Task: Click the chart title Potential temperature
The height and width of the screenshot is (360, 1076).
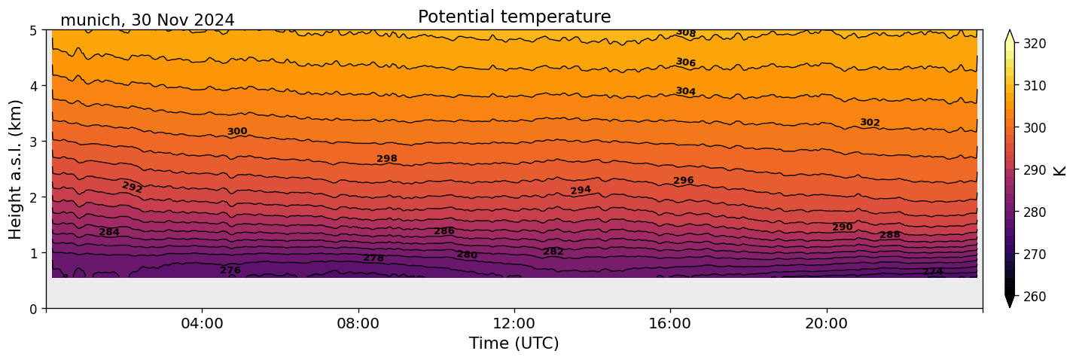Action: pyautogui.click(x=514, y=17)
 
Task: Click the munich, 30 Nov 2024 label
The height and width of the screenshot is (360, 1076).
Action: pyautogui.click(x=147, y=20)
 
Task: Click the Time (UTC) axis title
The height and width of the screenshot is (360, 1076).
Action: pyautogui.click(x=514, y=343)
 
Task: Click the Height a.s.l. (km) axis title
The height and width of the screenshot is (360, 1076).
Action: pyautogui.click(x=17, y=169)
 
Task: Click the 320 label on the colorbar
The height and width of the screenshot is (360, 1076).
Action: pyautogui.click(x=1033, y=44)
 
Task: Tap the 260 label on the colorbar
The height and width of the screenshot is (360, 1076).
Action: pyautogui.click(x=1033, y=296)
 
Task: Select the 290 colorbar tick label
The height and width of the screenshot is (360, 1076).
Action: pyautogui.click(x=1033, y=170)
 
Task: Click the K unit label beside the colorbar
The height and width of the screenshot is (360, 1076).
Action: pyautogui.click(x=1060, y=170)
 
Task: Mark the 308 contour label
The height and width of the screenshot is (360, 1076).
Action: pyautogui.click(x=685, y=32)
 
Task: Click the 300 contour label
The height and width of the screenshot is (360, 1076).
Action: pyautogui.click(x=237, y=132)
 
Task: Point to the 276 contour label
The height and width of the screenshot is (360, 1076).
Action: pyautogui.click(x=230, y=270)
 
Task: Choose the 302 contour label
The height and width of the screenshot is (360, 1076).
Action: pyautogui.click(x=870, y=123)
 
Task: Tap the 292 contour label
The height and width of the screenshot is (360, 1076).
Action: pyautogui.click(x=132, y=187)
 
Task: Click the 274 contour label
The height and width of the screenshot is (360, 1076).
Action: pyautogui.click(x=933, y=272)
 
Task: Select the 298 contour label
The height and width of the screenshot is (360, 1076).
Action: pyautogui.click(x=387, y=159)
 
